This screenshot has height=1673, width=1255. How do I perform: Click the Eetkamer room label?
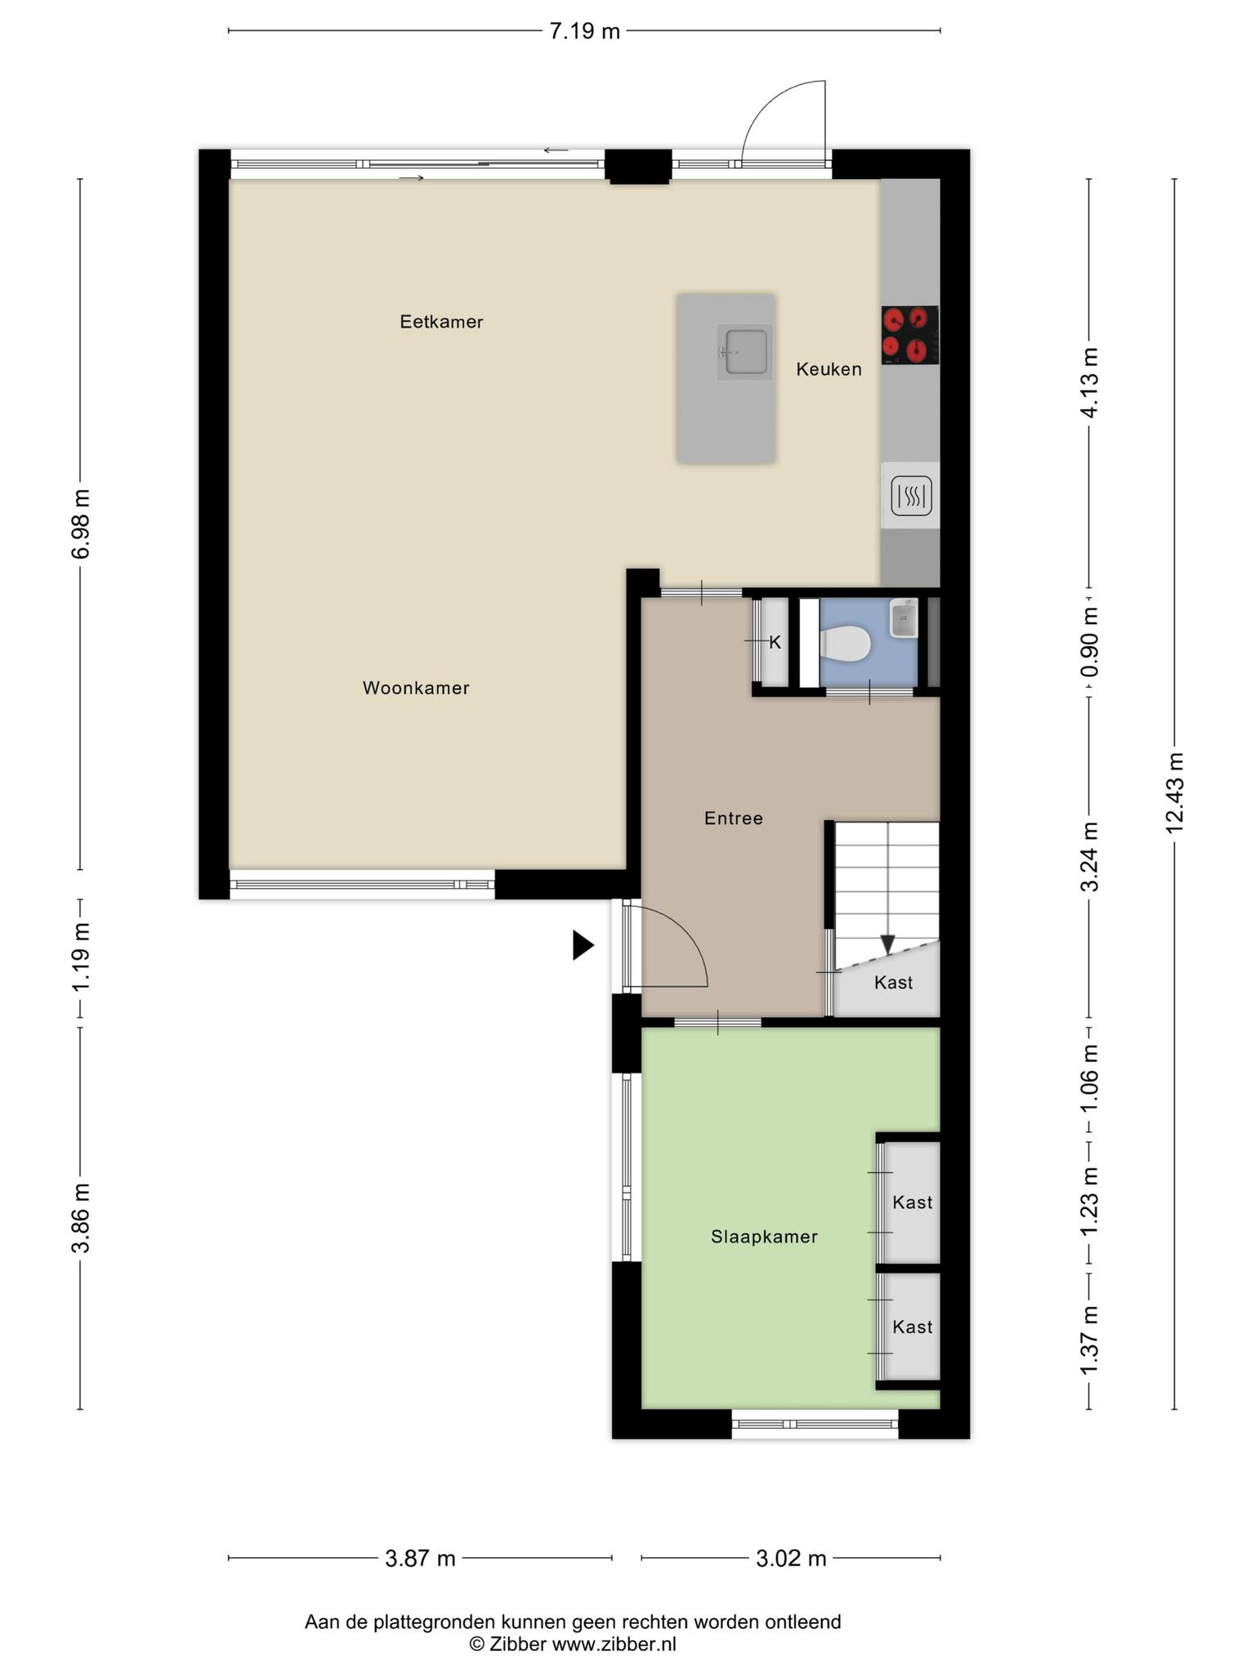(x=441, y=322)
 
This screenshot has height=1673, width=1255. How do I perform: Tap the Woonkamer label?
(x=416, y=688)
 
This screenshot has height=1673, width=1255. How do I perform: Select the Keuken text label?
(x=828, y=369)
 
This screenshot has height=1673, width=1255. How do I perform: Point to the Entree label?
(x=734, y=818)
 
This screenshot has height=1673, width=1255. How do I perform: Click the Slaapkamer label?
(x=764, y=1237)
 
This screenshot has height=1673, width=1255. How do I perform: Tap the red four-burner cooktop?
(x=910, y=335)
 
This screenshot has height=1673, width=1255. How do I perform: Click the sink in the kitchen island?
(x=744, y=351)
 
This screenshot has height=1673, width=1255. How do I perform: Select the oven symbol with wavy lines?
(x=911, y=496)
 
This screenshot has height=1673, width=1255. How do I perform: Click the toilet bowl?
(x=844, y=642)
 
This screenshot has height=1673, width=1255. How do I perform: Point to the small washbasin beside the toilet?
(x=904, y=618)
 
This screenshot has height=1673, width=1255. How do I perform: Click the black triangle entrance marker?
(x=583, y=945)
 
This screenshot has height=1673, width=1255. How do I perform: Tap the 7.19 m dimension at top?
(x=584, y=31)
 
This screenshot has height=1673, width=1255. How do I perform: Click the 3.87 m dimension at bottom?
(x=420, y=1559)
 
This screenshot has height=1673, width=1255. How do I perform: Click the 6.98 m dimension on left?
(x=80, y=524)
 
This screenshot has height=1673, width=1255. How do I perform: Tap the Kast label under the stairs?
(x=893, y=982)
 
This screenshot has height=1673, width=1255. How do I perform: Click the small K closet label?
(x=775, y=643)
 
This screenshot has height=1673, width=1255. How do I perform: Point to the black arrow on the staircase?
(x=887, y=945)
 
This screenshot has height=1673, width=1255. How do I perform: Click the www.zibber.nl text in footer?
(x=614, y=1644)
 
